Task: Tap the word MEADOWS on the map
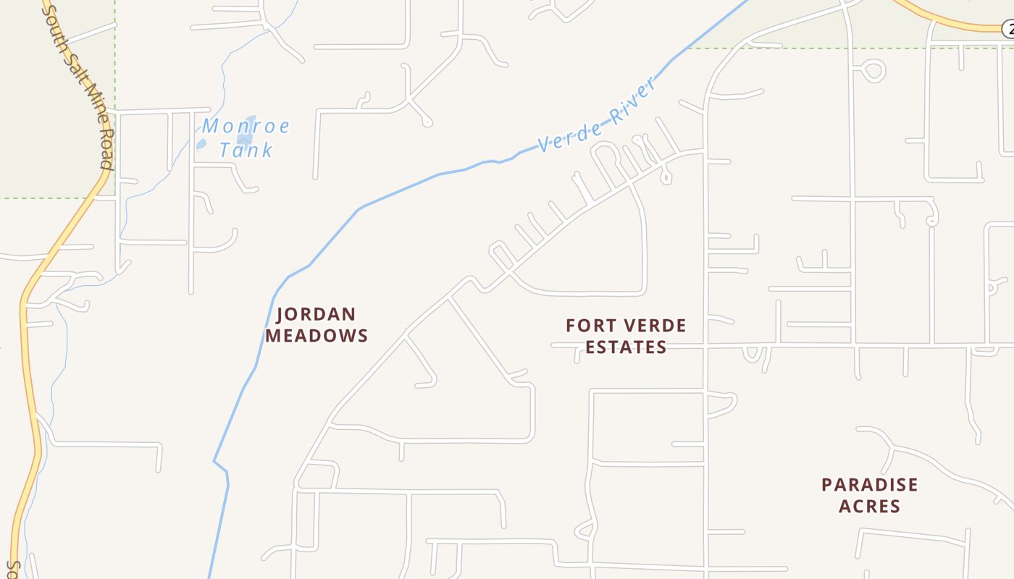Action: [317, 336]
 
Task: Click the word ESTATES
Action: [626, 347]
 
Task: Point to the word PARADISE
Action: [869, 485]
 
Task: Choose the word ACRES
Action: [869, 506]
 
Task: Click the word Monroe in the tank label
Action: [246, 127]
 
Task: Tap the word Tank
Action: [246, 151]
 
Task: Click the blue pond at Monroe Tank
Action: [246, 127]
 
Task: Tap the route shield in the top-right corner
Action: [1008, 30]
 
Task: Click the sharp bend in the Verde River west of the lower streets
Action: [215, 461]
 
